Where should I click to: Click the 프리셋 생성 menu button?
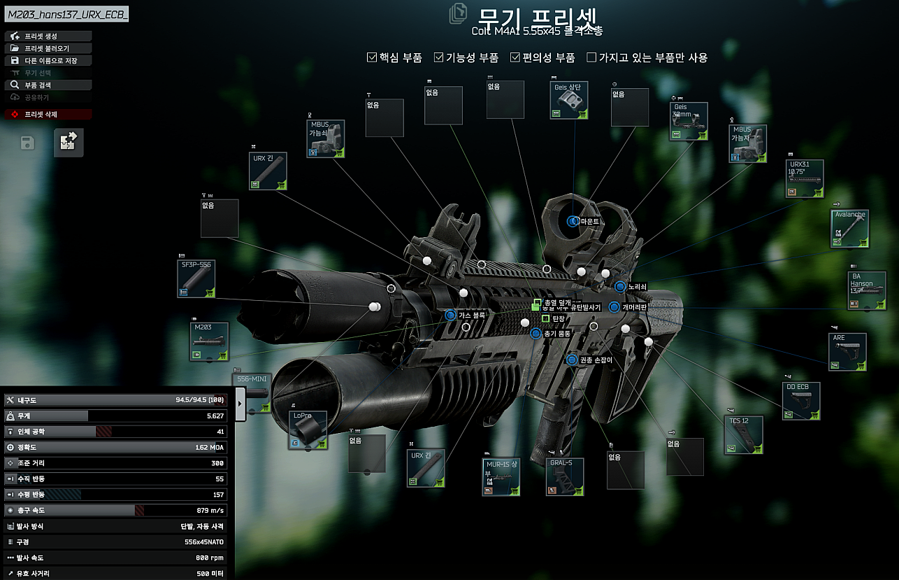(x=48, y=36)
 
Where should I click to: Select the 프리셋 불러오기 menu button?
(x=48, y=48)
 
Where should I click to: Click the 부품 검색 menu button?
(x=48, y=85)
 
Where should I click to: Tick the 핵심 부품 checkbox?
(x=372, y=57)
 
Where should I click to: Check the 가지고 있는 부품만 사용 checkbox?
(x=591, y=57)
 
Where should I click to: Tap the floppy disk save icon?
(x=27, y=143)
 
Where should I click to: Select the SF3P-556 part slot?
(x=196, y=278)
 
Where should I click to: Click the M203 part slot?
(x=209, y=341)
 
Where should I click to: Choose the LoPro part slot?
(x=308, y=429)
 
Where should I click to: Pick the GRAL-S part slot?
(x=565, y=476)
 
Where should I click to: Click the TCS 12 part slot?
(x=743, y=434)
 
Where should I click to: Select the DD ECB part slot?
(x=800, y=401)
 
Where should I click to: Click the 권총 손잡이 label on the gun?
(x=595, y=360)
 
